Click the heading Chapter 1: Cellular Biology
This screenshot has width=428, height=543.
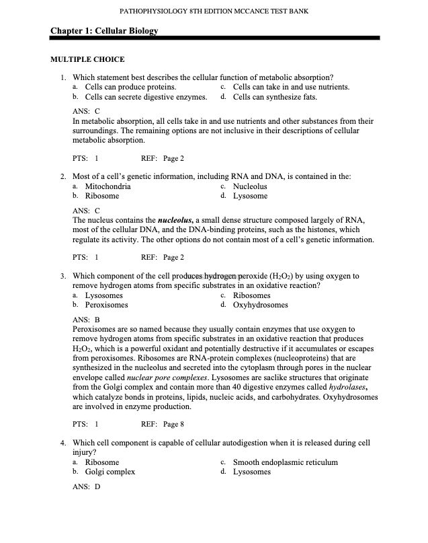pyautogui.click(x=105, y=31)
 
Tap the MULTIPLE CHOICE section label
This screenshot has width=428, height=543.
pyautogui.click(x=87, y=59)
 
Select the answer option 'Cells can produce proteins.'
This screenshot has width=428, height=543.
pyautogui.click(x=131, y=87)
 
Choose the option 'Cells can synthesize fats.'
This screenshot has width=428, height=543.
pyautogui.click(x=275, y=97)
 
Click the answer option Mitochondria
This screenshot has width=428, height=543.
pyautogui.click(x=108, y=186)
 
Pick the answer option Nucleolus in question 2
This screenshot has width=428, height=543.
pyautogui.click(x=250, y=186)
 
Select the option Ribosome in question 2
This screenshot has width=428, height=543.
pyautogui.click(x=102, y=196)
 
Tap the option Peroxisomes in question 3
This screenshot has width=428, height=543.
pyautogui.click(x=106, y=305)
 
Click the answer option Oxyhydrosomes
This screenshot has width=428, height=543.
pyautogui.click(x=261, y=305)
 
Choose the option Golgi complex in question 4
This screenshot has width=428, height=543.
pyautogui.click(x=110, y=472)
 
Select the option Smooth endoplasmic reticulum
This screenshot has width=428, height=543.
pyautogui.click(x=286, y=462)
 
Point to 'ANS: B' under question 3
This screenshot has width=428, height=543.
pyautogui.click(x=86, y=319)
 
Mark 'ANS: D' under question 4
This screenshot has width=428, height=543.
pyautogui.click(x=86, y=486)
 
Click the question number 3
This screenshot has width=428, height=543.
pyautogui.click(x=62, y=276)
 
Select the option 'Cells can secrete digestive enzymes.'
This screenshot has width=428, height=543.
pyautogui.click(x=146, y=97)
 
